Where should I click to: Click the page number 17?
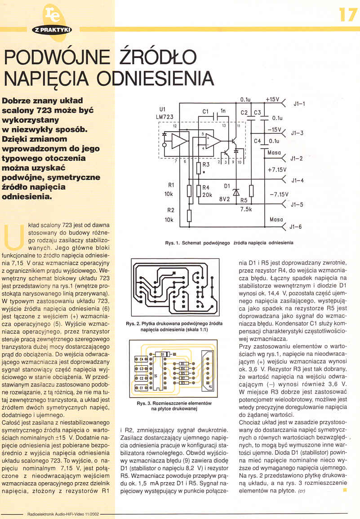(347, 15)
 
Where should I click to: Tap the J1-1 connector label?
(299, 104)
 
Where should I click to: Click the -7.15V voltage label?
(279, 195)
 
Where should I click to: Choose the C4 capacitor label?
(258, 141)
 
